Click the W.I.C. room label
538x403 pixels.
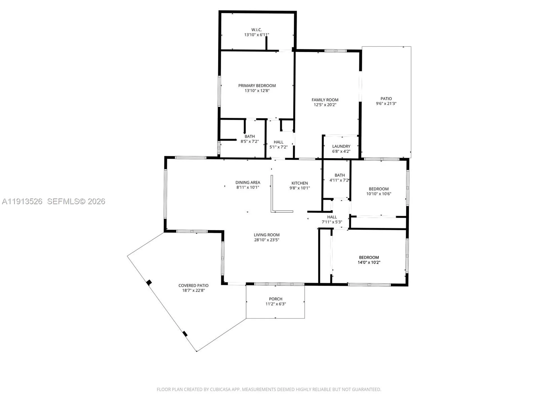click(256, 30)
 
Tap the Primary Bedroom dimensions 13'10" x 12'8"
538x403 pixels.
click(257, 91)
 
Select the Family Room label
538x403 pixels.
click(325, 100)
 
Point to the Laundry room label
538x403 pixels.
click(341, 146)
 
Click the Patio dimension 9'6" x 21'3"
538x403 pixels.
click(386, 104)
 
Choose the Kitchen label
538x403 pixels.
click(300, 183)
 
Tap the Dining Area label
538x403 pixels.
click(248, 182)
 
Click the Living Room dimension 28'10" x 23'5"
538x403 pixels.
click(266, 240)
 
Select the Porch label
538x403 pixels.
click(275, 299)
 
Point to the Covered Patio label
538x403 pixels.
click(193, 285)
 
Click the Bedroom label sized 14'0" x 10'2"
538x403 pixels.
click(369, 257)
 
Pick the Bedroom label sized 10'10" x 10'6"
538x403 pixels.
click(379, 189)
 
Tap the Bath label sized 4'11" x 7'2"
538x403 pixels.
click(340, 175)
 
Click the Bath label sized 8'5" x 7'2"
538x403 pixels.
click(249, 137)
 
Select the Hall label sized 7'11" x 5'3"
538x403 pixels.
click(332, 217)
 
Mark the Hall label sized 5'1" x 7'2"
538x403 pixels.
click(278, 142)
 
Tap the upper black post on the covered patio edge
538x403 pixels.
click(149, 283)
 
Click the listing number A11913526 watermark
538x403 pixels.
click(22, 201)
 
